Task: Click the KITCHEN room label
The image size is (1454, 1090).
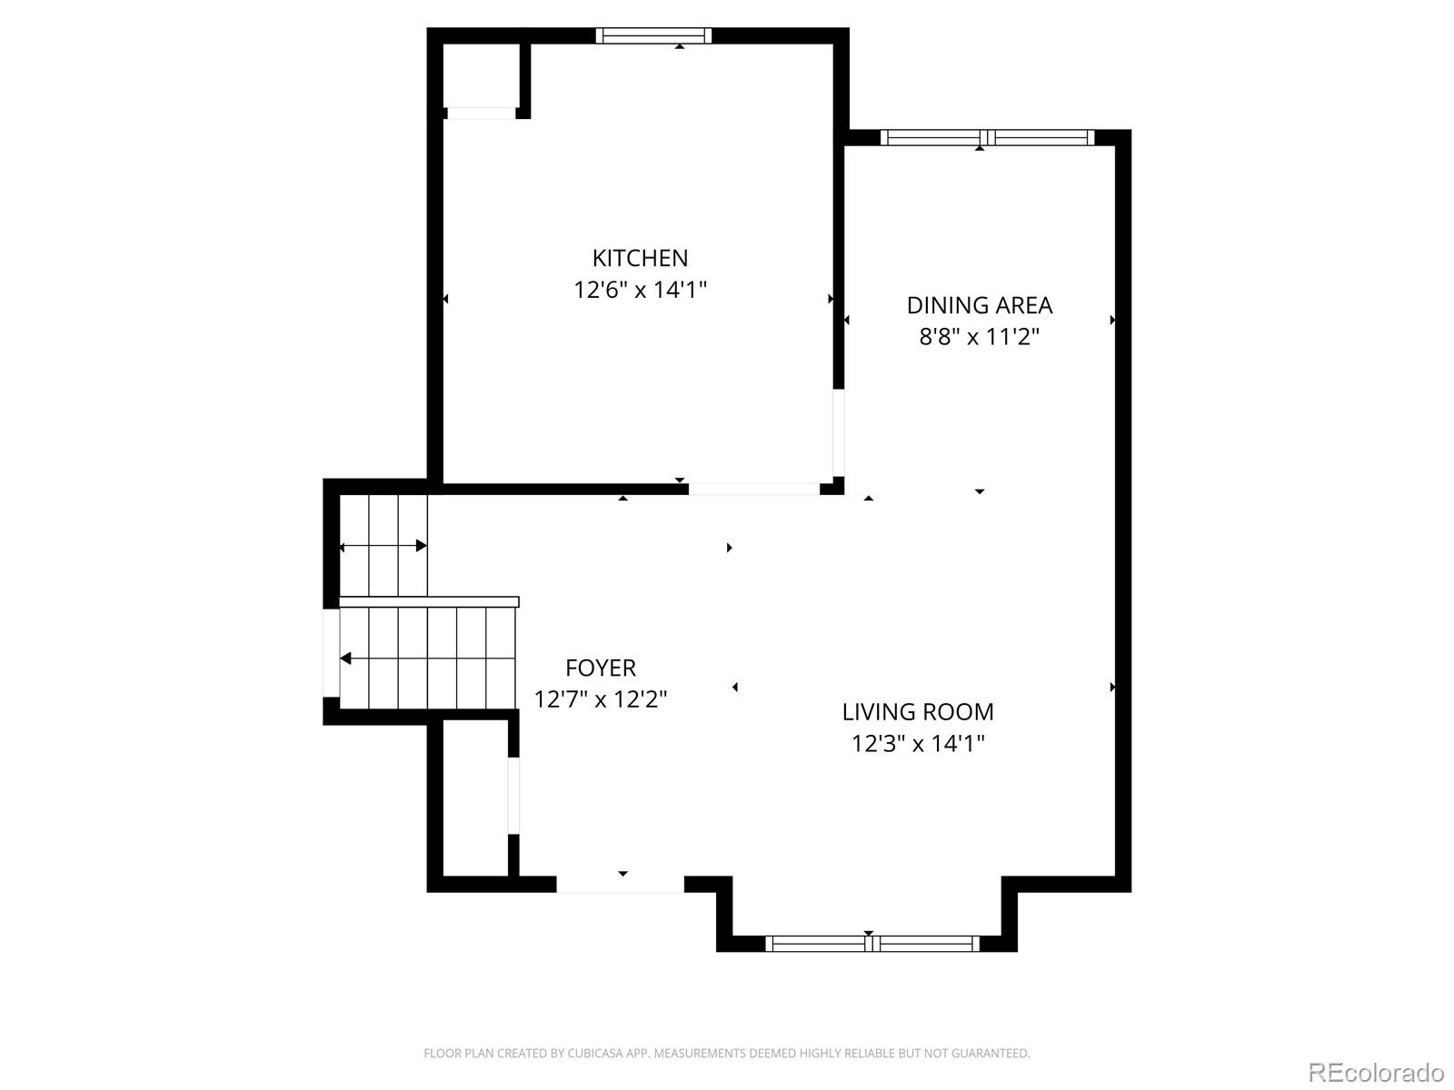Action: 640,258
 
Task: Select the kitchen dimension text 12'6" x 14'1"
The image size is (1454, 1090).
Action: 640,291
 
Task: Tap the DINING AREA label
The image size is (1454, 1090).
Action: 979,305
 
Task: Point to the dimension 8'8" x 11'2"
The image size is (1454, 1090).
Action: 979,338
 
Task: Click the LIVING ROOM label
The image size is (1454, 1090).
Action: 917,712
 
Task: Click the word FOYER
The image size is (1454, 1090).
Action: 600,669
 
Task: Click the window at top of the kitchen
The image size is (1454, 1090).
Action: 653,36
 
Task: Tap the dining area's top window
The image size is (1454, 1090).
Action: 987,138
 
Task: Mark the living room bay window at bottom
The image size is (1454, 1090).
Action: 872,944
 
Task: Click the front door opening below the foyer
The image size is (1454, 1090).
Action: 620,885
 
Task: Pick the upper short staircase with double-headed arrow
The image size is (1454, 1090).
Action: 383,546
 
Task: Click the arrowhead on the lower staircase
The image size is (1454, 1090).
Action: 345,659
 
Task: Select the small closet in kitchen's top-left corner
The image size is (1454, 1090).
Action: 481,76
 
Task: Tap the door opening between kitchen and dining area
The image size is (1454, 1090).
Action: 839,433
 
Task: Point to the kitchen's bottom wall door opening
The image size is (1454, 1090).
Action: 753,489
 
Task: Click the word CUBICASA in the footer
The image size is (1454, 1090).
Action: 594,1054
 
